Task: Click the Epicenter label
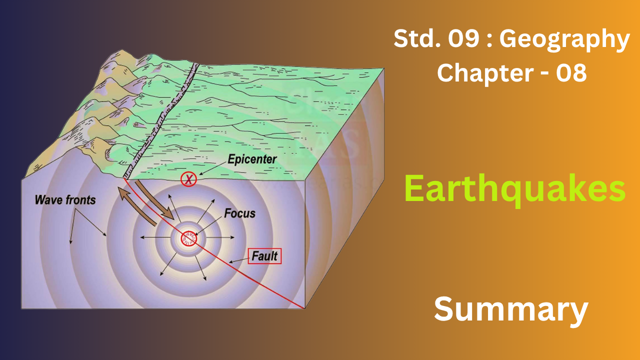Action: point(252,159)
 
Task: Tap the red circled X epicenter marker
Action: point(188,179)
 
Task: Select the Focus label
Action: point(239,213)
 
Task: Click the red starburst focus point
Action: point(189,238)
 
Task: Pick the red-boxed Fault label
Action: point(264,255)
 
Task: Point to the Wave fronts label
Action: point(65,199)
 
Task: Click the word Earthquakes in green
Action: point(515,189)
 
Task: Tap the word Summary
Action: point(511,309)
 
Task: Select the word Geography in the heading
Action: point(564,39)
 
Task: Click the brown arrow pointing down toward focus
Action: point(154,200)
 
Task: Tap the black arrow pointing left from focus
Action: point(155,237)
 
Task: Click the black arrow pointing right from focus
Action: point(220,237)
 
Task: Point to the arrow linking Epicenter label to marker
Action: point(213,168)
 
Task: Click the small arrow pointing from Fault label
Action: point(239,260)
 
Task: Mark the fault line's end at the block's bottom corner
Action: point(304,308)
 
